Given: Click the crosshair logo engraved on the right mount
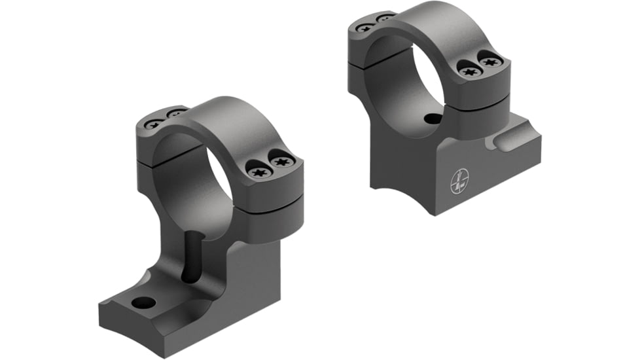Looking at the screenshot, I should (x=459, y=181).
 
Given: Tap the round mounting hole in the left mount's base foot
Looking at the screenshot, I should (x=144, y=303).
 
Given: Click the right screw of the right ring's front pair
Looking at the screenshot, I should (x=491, y=62).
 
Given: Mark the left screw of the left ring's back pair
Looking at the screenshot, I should (x=153, y=122).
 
